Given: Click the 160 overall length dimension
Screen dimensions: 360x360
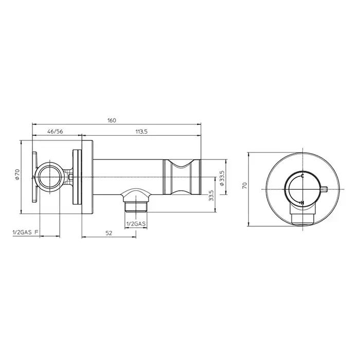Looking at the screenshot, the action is click(112, 120).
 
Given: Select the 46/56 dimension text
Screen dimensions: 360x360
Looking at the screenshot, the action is click(55, 132).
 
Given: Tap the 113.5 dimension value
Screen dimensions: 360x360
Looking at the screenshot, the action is click(141, 132).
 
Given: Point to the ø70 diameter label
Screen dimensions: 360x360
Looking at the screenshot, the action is click(17, 174).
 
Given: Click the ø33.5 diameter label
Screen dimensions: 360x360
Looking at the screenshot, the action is click(222, 178).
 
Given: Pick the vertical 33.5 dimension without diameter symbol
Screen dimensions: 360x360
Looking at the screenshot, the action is click(211, 195).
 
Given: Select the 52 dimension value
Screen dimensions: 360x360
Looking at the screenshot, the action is click(109, 233).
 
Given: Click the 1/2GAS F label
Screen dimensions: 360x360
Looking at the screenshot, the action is click(25, 232).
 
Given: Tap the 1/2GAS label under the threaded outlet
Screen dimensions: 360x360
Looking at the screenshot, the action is click(136, 224).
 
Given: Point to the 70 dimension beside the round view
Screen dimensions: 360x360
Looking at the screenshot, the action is click(244, 185).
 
